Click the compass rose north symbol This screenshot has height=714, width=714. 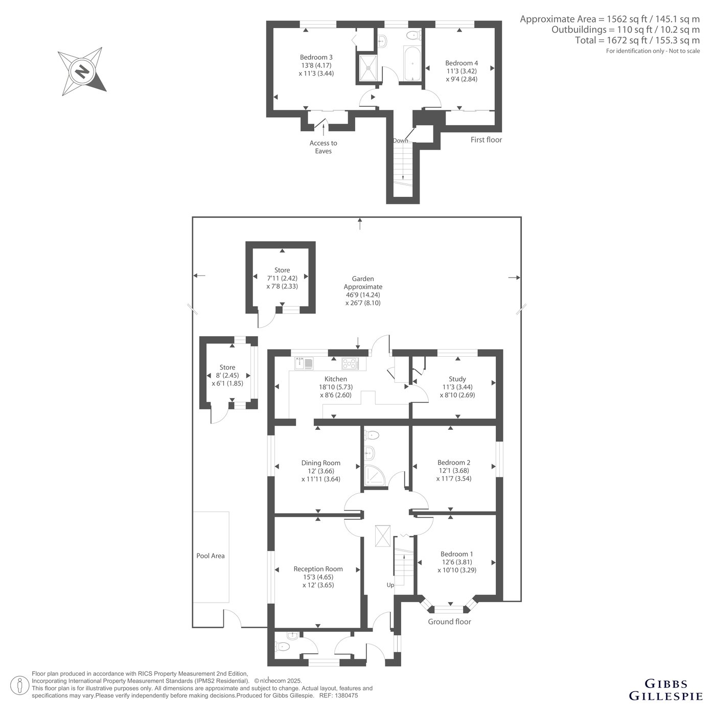coord(82,71)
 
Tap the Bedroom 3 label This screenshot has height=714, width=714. coord(316,65)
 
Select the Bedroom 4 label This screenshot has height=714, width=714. coord(462,71)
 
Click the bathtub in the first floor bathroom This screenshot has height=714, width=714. coord(412,64)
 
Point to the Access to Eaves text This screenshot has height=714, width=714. coord(323,147)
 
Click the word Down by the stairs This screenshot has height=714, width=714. coord(400,141)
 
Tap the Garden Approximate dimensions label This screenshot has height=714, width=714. coord(363,290)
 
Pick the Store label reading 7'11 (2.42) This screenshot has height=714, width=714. coord(282,278)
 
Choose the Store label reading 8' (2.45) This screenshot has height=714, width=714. coord(227,375)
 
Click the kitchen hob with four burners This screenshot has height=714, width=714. coord(350,363)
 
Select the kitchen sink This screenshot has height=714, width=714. coord(304,363)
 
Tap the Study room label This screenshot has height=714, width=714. coord(457,387)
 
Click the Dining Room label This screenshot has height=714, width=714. coord(320,471)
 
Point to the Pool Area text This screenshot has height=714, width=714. coord(211,556)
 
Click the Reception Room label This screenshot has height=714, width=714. coord(318,577)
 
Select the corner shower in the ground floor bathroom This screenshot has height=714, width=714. coord(375,476)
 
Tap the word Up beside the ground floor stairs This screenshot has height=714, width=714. coord(390,585)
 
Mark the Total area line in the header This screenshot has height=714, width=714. coord(637,40)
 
